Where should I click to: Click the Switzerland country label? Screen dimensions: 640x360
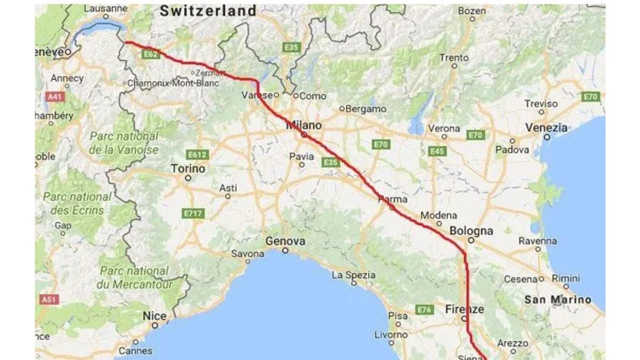tap(209, 10)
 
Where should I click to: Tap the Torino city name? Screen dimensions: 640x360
tap(188, 169)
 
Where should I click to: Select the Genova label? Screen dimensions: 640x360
tap(285, 242)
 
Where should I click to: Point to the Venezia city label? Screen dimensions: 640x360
tap(547, 128)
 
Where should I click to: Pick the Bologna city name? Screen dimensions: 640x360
tap(471, 231)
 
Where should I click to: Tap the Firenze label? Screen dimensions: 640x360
tap(465, 309)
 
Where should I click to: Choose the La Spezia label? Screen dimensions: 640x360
tap(354, 276)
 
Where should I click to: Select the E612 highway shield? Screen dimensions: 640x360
tap(197, 155)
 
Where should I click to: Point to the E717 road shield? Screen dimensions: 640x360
tap(193, 213)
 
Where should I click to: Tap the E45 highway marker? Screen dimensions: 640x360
tap(437, 151)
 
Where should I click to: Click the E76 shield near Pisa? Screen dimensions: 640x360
tap(424, 309)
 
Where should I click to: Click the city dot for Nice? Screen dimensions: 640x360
tap(155, 325)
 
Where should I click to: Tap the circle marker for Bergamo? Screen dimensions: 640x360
tap(342, 109)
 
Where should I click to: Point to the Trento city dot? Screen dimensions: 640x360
tap(454, 66)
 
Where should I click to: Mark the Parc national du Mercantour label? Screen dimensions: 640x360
tap(136, 277)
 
